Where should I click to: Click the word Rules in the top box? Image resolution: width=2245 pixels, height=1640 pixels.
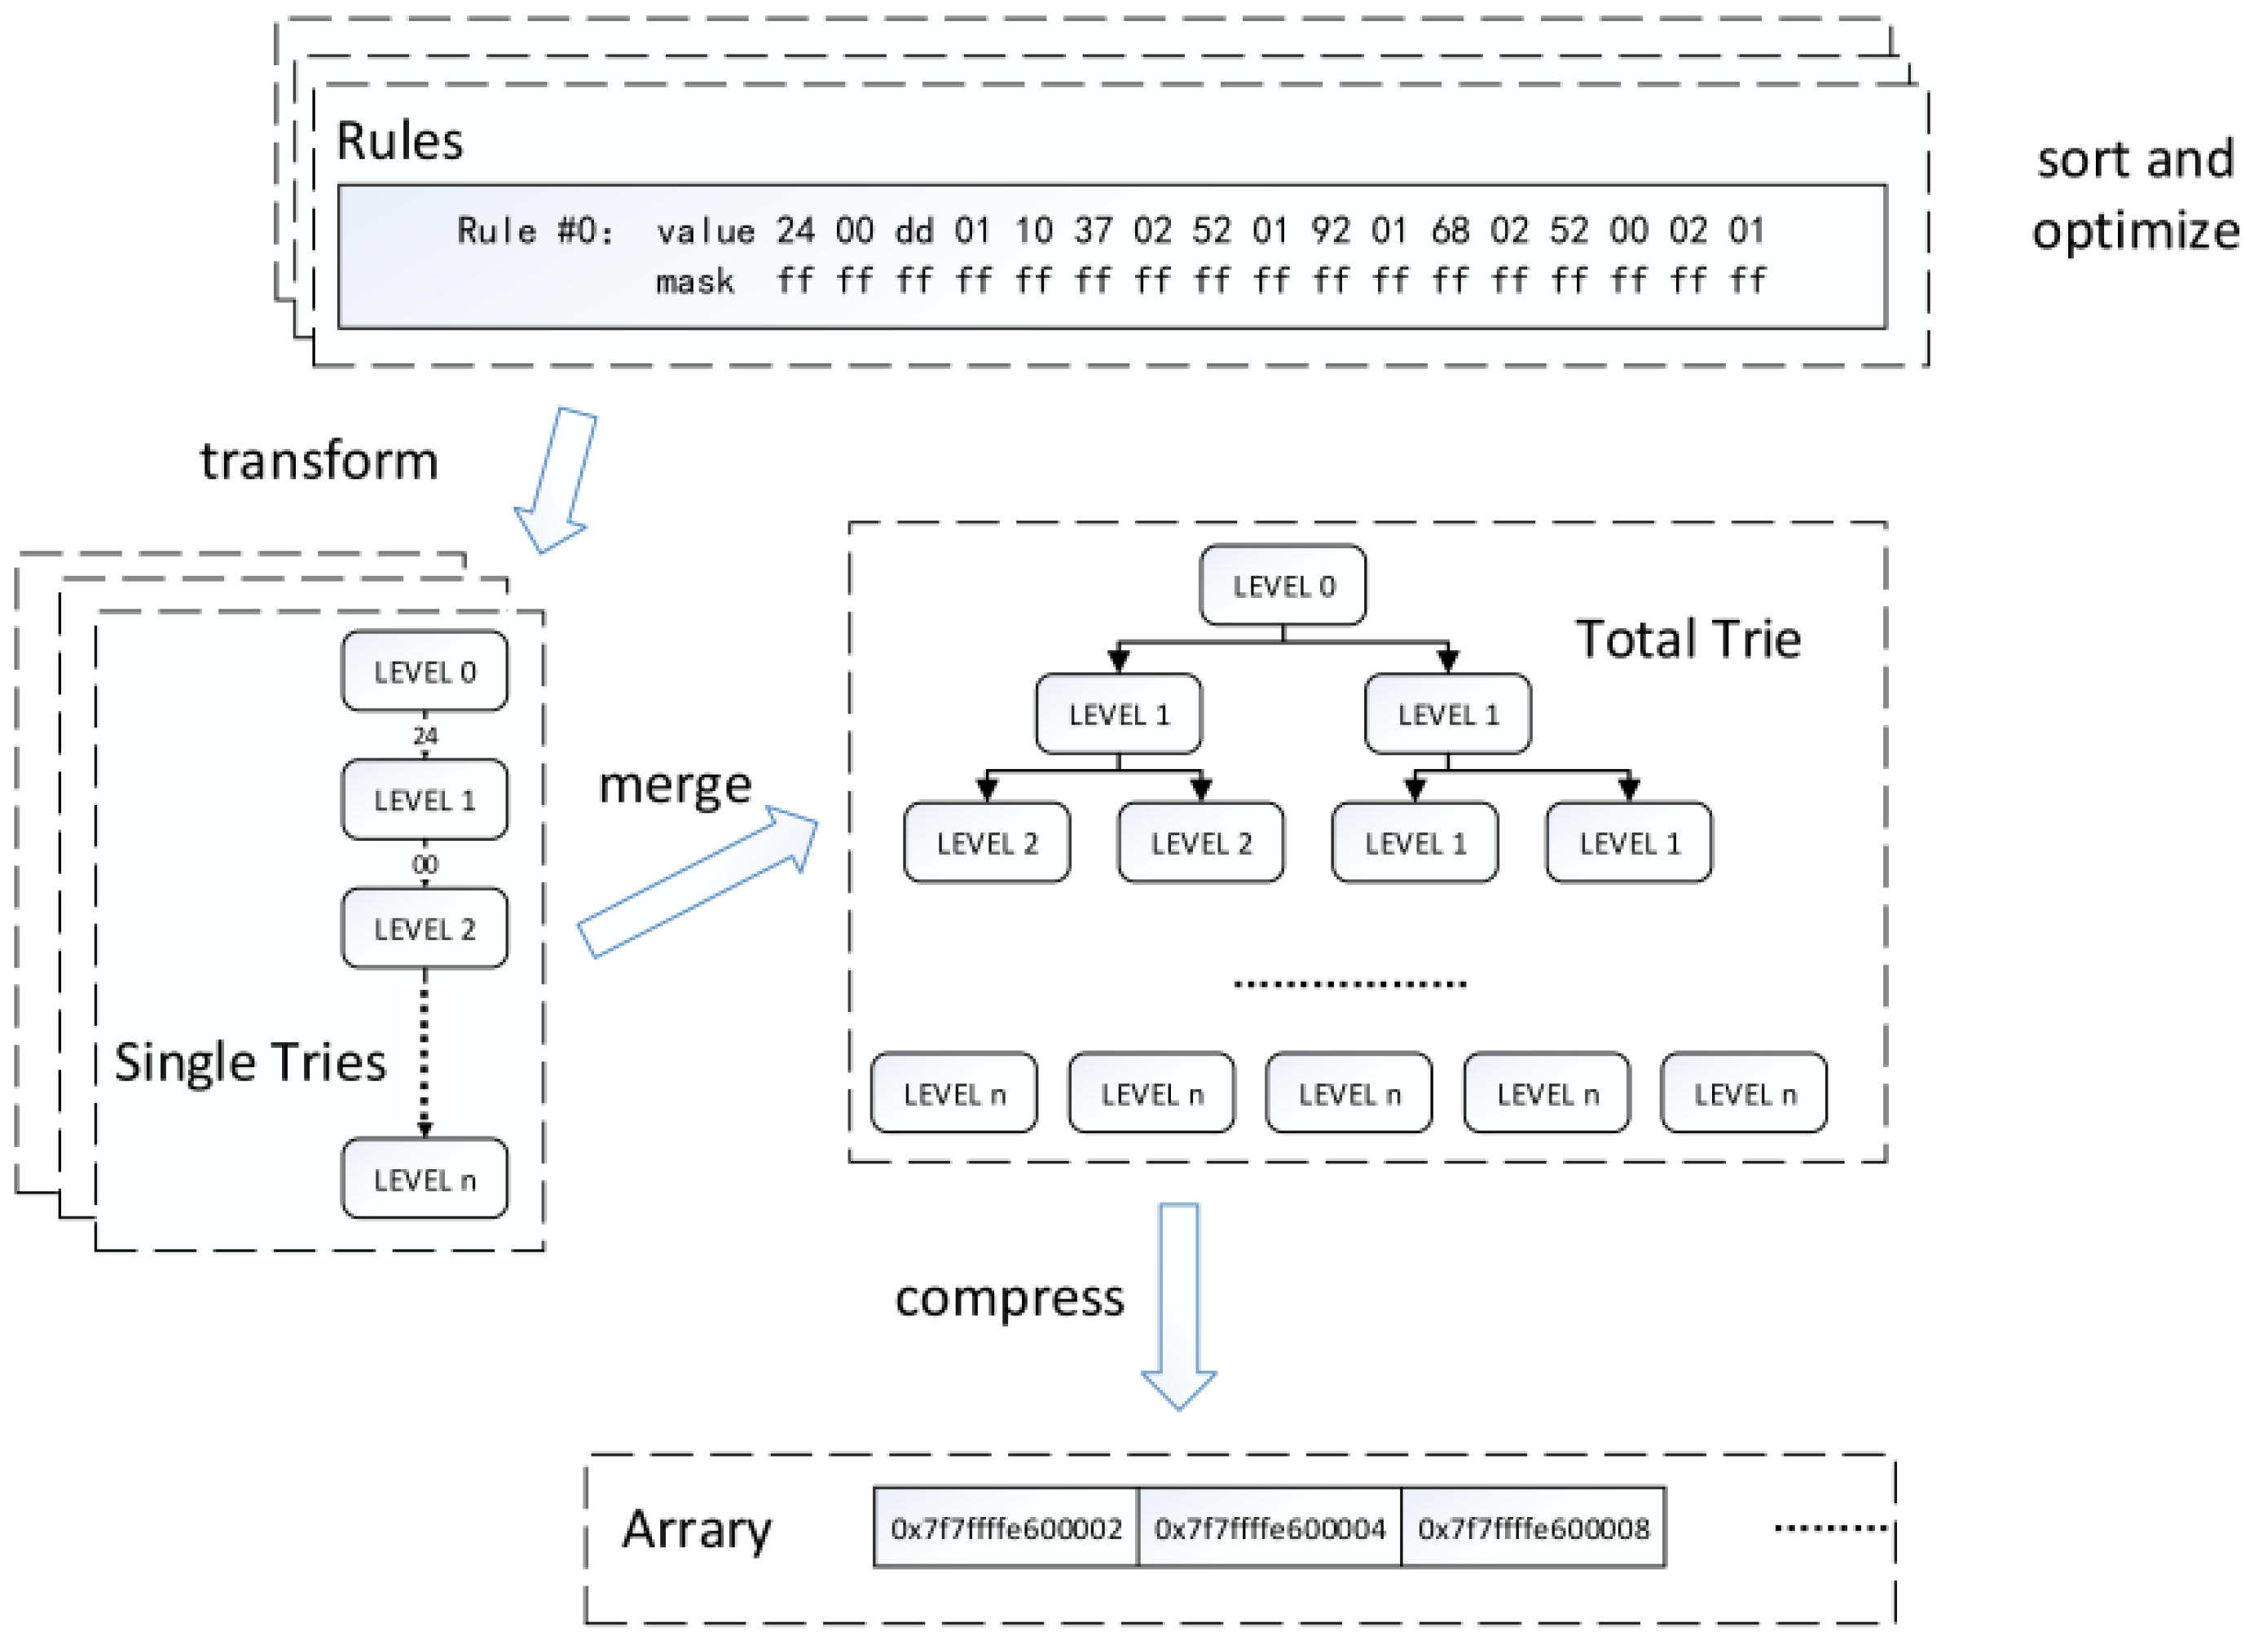[399, 141]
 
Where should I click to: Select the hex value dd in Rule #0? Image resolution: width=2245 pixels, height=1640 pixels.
[913, 231]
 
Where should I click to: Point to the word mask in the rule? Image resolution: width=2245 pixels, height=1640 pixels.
[694, 282]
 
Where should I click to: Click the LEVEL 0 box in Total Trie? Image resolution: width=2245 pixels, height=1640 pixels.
[1282, 586]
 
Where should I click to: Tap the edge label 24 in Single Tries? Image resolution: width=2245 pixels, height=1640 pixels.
[425, 736]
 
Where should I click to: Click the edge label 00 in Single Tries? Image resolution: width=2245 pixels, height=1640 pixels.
[425, 864]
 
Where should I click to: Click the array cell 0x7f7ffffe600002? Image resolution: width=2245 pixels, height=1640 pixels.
[1006, 1528]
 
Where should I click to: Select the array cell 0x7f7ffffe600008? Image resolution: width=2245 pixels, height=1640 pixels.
[1533, 1528]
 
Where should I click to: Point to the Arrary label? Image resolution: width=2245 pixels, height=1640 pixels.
[696, 1530]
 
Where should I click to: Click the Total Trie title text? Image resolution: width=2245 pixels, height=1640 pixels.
[1688, 639]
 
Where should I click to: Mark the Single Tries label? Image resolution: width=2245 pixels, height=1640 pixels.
[249, 1062]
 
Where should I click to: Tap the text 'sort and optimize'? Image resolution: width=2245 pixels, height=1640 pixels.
[2135, 195]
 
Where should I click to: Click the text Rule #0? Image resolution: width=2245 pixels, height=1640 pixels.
[535, 231]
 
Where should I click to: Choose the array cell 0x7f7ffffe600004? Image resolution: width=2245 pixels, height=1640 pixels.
[1269, 1528]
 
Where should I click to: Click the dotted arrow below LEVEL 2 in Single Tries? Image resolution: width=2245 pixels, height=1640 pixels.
[425, 1053]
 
